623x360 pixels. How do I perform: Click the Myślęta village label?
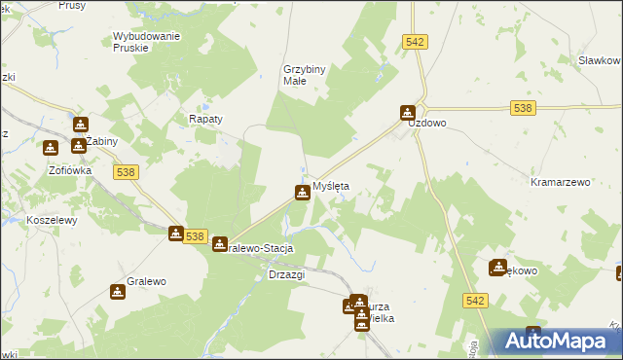tap(330, 185)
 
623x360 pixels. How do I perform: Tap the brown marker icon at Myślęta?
tap(303, 193)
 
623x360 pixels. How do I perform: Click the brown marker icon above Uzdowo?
tap(409, 113)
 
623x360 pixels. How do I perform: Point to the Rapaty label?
tap(205, 119)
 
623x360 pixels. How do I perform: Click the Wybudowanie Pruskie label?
tap(146, 42)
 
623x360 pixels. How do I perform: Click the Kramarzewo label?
tap(561, 182)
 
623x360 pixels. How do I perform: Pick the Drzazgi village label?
tap(286, 274)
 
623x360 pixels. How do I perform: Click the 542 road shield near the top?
tap(416, 41)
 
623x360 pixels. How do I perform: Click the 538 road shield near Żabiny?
tap(124, 171)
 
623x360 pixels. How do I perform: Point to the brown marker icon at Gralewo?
tap(118, 291)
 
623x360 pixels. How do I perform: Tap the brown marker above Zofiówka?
tap(50, 148)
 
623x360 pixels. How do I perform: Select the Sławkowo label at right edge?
tap(599, 60)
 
